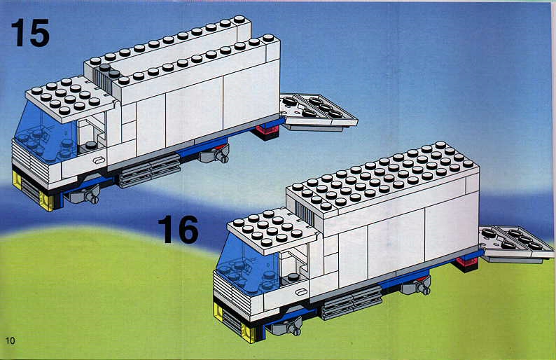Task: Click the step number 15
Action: (31, 33)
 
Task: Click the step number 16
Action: (179, 230)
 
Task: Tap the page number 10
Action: (11, 340)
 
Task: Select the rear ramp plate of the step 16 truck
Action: (516, 244)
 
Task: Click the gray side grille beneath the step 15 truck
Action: (150, 170)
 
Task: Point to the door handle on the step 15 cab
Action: (99, 160)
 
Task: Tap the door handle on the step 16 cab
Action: (301, 292)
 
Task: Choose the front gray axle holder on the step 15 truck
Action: (84, 195)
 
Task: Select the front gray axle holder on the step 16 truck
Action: (286, 326)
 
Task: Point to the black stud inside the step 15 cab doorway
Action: (91, 145)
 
